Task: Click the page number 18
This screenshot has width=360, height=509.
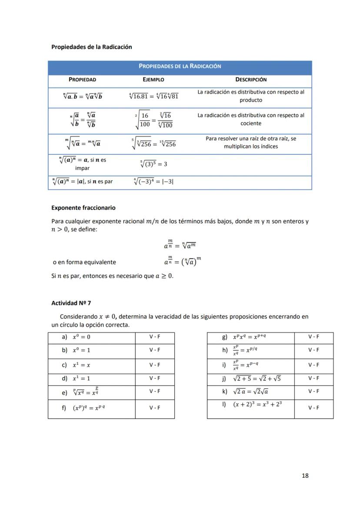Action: point(305,476)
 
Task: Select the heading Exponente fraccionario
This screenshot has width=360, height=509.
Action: point(83,208)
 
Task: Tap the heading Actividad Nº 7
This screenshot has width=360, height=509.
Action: point(71,303)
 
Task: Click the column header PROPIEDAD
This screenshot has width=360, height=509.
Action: point(82,80)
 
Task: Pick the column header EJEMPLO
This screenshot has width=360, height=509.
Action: point(153,80)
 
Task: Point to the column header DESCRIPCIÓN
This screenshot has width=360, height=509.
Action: point(251,80)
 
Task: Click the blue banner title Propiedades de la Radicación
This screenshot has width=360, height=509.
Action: point(180,66)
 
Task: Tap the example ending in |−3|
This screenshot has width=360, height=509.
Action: point(153,182)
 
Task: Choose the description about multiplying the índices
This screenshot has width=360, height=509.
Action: point(251,143)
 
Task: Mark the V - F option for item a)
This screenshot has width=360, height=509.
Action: point(155,337)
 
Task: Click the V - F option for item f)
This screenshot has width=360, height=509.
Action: point(155,408)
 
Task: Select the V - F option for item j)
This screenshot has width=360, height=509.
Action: point(313,378)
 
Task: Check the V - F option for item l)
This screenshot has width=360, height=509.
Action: point(313,408)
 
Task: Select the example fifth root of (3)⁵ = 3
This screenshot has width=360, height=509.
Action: point(153,164)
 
